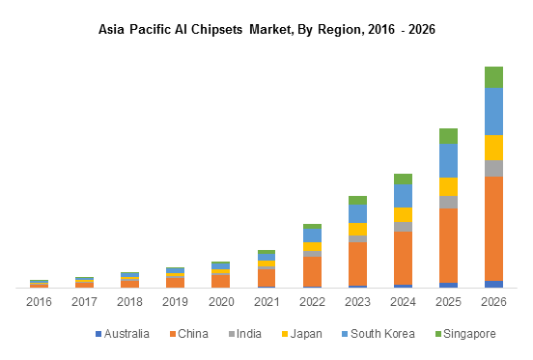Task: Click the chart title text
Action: click(x=266, y=30)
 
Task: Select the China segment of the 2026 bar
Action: click(x=493, y=228)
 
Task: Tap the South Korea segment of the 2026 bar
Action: click(x=493, y=111)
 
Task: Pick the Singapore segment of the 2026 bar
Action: click(x=493, y=77)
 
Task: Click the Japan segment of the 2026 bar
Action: click(x=493, y=147)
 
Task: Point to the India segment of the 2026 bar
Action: click(x=493, y=168)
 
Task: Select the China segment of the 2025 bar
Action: click(x=448, y=245)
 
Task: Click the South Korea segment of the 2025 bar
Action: click(x=448, y=160)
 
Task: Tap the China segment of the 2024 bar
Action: click(x=403, y=258)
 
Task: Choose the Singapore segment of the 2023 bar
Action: click(x=357, y=200)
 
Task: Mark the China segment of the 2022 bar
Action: click(x=312, y=271)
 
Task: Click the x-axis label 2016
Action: click(x=39, y=302)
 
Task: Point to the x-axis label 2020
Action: click(x=221, y=302)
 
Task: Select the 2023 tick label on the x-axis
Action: click(x=357, y=302)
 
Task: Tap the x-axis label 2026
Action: click(x=493, y=302)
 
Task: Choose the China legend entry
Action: click(x=191, y=334)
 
